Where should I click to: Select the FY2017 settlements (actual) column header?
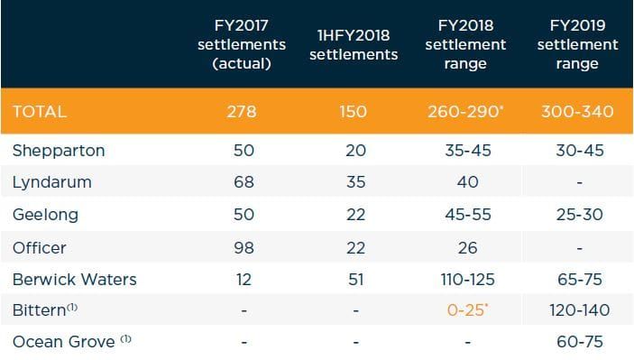(x=243, y=44)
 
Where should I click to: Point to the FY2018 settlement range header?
(x=466, y=44)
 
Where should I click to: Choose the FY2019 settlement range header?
(x=577, y=44)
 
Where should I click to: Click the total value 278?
(x=243, y=112)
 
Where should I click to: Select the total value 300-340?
(x=577, y=112)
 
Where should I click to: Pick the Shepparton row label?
(x=59, y=151)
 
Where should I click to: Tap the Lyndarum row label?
(x=51, y=182)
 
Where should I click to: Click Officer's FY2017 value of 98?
(x=243, y=246)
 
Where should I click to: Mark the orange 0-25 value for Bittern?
(x=467, y=310)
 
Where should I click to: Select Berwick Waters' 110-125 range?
(x=466, y=279)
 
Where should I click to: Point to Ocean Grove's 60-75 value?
(x=577, y=342)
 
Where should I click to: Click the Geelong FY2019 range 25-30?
(x=577, y=215)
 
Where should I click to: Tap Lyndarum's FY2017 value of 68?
(x=243, y=182)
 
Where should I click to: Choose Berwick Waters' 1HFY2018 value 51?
(x=355, y=279)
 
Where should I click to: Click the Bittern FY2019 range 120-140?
(x=577, y=310)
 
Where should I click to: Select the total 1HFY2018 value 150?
(x=355, y=112)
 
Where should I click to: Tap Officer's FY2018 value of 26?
(x=466, y=246)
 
